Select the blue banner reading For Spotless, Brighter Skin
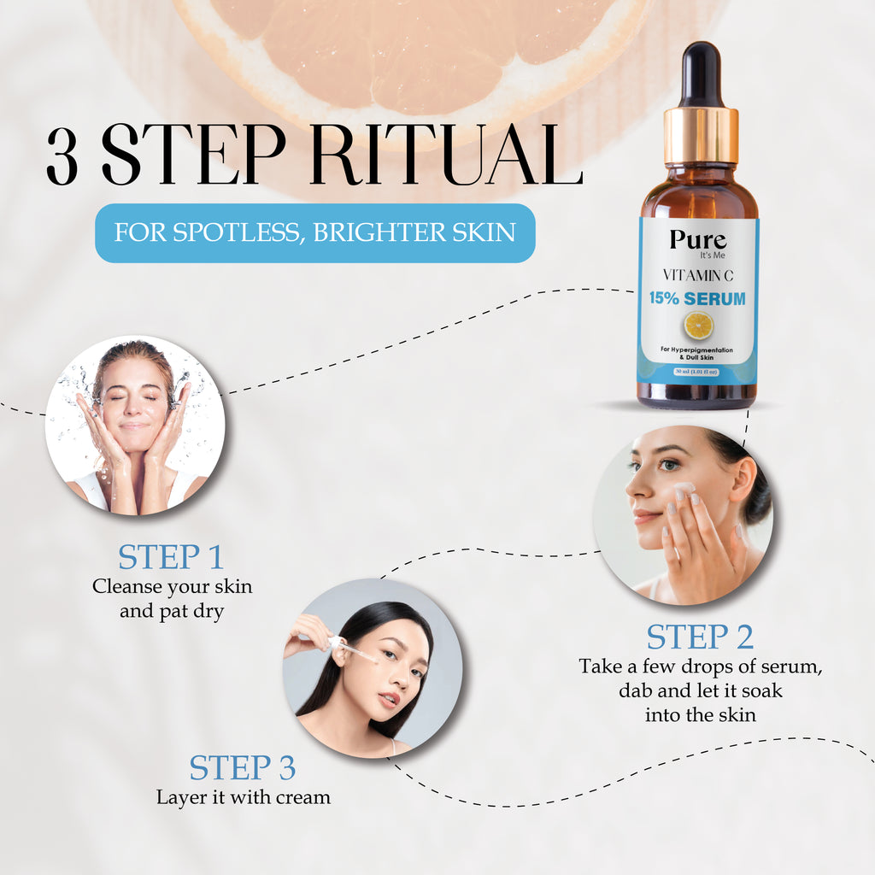pos(314,232)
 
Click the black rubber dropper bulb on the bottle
pos(701,73)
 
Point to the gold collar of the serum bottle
pos(701,135)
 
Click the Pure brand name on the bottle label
pos(697,239)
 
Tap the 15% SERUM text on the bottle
pos(696,299)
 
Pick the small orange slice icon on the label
pos(698,325)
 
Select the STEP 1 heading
pos(171,557)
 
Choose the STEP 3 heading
pos(243,767)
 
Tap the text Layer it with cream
pos(243,797)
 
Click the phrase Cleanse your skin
pos(172,587)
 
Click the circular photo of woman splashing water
pos(135,425)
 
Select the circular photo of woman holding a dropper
pos(373,668)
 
